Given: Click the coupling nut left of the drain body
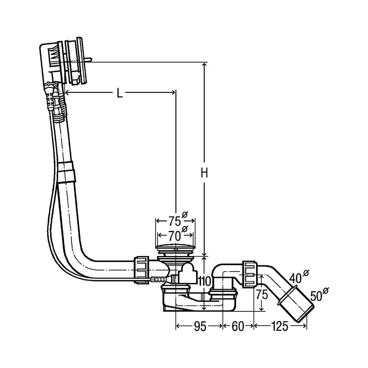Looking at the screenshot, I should point(142,270).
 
